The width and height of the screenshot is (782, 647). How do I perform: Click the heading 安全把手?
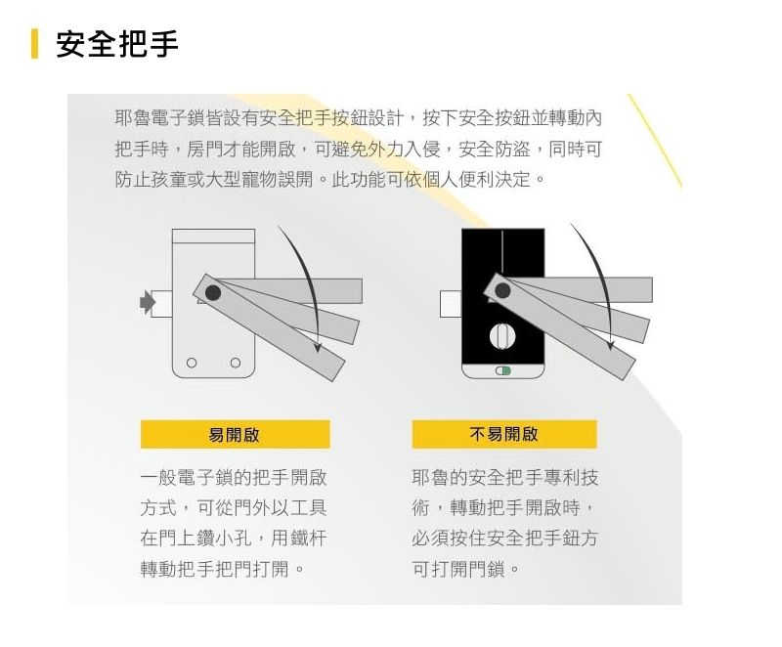[x=117, y=44]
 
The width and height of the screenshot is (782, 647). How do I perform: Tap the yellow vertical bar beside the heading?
[x=34, y=44]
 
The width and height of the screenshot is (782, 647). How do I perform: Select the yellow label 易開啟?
[x=235, y=434]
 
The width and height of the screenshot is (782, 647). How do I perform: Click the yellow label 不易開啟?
[x=504, y=434]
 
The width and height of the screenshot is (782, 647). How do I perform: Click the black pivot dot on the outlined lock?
[x=213, y=292]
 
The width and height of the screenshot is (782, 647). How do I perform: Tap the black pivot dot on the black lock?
[x=503, y=291]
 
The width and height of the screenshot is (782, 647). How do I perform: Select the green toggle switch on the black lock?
[x=502, y=371]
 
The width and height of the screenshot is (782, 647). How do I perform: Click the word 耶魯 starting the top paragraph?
[x=134, y=118]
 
